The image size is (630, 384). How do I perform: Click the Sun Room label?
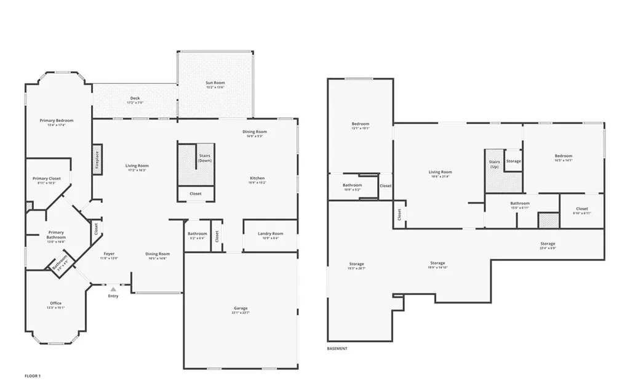(215, 85)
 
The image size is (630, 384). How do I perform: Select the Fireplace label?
(97, 160)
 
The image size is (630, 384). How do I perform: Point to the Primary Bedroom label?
(57, 122)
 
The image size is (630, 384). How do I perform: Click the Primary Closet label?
(46, 181)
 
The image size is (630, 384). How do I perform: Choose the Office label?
(55, 305)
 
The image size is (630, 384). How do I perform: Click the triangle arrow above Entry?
(113, 289)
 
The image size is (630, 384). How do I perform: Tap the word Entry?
(113, 296)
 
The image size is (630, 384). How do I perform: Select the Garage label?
(241, 310)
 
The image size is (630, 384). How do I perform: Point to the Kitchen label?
(257, 180)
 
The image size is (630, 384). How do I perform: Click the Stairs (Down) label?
(205, 158)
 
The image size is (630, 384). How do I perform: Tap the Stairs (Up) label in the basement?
(494, 164)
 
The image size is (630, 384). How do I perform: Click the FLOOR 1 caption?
(33, 375)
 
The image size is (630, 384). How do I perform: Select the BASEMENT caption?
(337, 348)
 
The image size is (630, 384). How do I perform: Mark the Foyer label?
(109, 255)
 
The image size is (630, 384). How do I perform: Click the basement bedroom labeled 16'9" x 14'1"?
(563, 158)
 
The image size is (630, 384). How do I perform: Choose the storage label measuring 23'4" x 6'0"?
(548, 246)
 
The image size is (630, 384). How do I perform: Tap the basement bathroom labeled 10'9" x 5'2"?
(353, 187)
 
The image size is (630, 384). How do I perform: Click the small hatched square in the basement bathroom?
(548, 220)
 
